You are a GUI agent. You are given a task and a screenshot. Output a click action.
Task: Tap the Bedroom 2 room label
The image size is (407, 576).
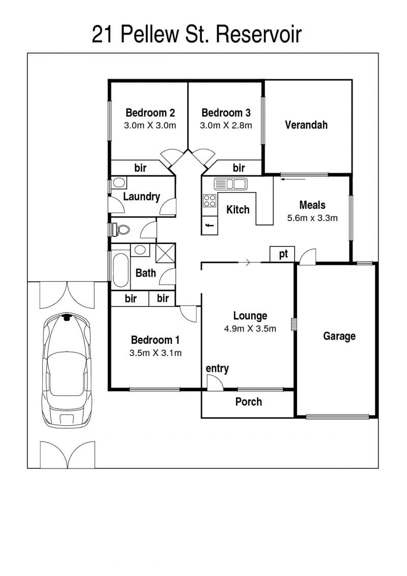(x=150, y=113)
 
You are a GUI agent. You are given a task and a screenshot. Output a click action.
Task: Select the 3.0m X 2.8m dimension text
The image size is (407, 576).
(x=226, y=125)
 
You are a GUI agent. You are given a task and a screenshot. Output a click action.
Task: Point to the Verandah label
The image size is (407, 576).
(x=306, y=125)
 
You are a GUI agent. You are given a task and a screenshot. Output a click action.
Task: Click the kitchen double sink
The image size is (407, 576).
(x=230, y=183)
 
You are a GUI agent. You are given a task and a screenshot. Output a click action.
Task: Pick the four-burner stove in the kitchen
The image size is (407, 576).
(x=210, y=201)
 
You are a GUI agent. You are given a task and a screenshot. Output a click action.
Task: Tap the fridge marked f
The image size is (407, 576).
(x=210, y=225)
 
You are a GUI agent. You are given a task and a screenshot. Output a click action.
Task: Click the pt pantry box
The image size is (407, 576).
(x=282, y=254)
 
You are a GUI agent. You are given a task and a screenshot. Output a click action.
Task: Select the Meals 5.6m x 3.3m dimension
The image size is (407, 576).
(x=312, y=218)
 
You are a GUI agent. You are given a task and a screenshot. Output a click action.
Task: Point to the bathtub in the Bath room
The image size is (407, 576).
(x=121, y=270)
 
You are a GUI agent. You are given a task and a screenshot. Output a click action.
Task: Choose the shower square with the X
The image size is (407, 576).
(x=165, y=253)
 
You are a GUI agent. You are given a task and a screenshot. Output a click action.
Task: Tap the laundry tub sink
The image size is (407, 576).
(x=119, y=182)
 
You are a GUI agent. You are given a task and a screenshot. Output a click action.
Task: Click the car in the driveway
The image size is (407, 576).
(x=67, y=370)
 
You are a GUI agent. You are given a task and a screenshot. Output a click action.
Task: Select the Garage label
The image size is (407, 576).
(x=339, y=336)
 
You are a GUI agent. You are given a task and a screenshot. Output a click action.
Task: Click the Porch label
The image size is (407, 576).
(x=248, y=401)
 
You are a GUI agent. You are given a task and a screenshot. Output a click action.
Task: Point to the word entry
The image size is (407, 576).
(x=217, y=368)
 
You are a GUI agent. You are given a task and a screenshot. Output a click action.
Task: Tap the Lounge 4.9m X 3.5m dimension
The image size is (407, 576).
(x=250, y=329)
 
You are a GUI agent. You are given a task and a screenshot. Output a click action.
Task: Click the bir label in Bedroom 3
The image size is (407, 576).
(x=239, y=168)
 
